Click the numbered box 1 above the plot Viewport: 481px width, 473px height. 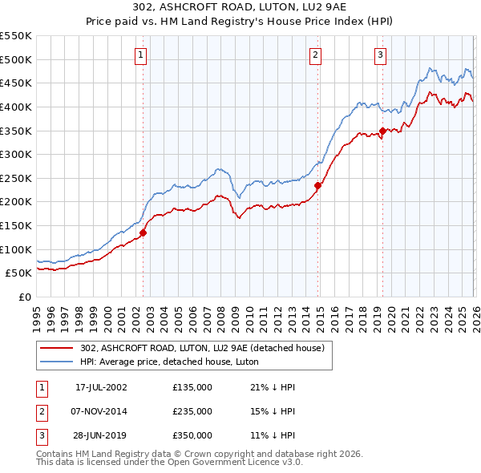pos(141,55)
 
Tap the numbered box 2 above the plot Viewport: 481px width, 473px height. pos(316,55)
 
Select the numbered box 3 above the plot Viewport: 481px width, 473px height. pos(380,55)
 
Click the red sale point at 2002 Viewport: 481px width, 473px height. pos(143,232)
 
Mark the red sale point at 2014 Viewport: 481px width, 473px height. pos(317,185)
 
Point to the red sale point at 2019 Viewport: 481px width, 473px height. pos(382,131)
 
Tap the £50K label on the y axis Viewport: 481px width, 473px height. pos(19,273)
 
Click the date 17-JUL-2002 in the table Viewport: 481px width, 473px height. pos(101,387)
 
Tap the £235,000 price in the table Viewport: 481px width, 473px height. pos(192,411)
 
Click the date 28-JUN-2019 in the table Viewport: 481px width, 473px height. pos(101,435)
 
